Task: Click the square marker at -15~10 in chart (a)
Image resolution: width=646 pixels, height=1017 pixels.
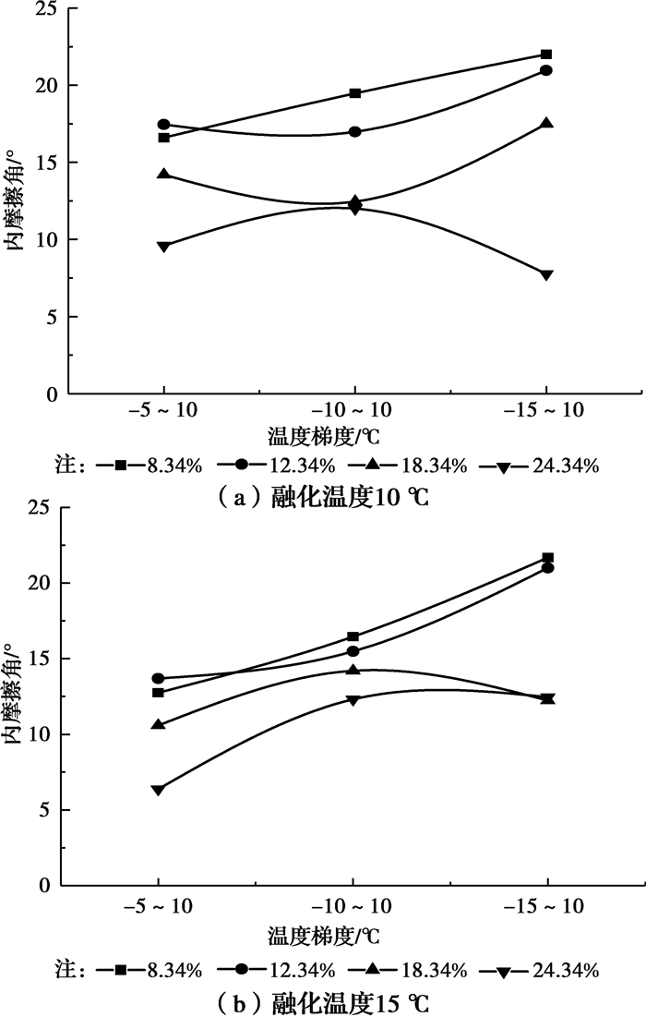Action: click(x=546, y=54)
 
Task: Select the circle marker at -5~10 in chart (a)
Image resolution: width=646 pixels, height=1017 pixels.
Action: click(x=164, y=124)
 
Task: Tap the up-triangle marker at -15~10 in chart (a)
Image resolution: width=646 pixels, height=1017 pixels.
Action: click(x=546, y=123)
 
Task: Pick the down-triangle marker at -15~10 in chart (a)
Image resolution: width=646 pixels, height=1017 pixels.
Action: click(x=546, y=275)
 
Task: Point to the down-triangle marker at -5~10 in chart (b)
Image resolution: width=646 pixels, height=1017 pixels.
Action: click(x=158, y=790)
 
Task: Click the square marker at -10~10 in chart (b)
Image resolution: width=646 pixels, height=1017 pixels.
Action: click(x=353, y=636)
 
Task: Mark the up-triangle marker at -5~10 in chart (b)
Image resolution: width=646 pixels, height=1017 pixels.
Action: click(x=158, y=724)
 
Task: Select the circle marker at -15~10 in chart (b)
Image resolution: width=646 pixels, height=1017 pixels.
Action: click(x=547, y=568)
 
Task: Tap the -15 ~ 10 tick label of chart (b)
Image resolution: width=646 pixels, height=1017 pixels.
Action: click(x=547, y=907)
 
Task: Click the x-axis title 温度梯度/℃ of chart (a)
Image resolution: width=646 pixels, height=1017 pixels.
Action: click(x=324, y=437)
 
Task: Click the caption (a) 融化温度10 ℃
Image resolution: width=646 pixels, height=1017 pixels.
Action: click(x=322, y=498)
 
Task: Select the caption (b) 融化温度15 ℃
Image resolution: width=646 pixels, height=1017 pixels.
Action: click(x=322, y=1001)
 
